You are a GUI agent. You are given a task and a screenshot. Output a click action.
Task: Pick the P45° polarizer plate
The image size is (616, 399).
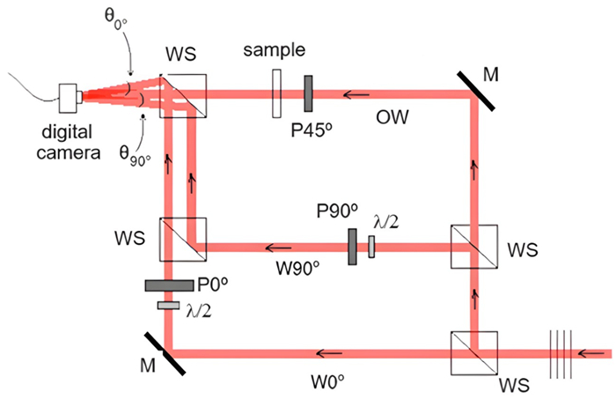click(x=309, y=94)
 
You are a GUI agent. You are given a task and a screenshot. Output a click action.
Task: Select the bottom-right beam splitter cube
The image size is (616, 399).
click(x=473, y=352)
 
